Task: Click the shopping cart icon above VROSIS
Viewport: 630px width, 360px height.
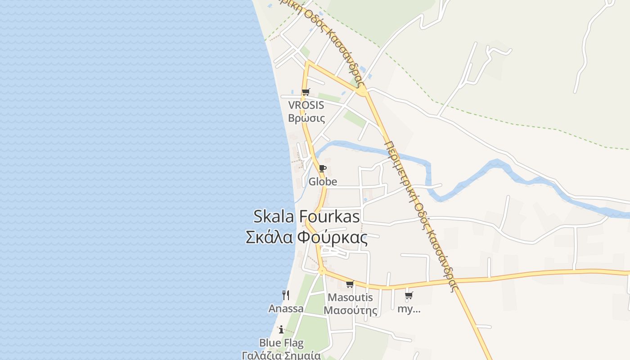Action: click(x=306, y=92)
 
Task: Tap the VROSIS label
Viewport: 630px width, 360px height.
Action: click(x=306, y=105)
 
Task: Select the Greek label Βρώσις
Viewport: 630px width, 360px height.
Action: click(x=306, y=118)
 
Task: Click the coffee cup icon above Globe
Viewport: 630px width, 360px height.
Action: click(x=322, y=169)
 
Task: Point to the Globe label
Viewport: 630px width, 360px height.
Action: click(x=323, y=182)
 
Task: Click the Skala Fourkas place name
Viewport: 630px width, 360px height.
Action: click(x=306, y=216)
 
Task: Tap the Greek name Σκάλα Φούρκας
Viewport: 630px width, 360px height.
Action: click(x=306, y=237)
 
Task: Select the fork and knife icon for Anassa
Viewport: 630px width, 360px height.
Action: click(x=286, y=295)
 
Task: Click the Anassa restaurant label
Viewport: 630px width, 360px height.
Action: click(x=286, y=309)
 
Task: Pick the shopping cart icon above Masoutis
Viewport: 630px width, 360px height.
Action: click(x=350, y=284)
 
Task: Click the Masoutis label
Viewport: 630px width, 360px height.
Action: click(x=351, y=297)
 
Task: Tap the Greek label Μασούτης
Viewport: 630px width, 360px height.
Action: click(x=351, y=310)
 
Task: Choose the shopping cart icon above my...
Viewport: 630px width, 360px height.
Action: click(x=409, y=296)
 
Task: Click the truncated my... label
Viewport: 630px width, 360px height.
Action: click(x=409, y=309)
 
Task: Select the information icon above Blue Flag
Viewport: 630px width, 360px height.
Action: click(x=281, y=329)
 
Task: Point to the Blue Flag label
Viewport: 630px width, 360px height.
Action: click(x=281, y=343)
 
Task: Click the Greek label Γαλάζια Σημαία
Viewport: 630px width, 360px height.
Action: click(x=281, y=355)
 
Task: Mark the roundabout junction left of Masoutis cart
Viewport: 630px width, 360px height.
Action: click(x=322, y=270)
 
